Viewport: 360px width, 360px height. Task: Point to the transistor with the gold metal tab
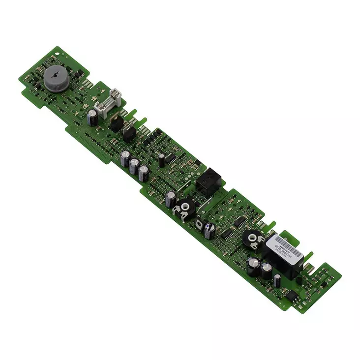117,121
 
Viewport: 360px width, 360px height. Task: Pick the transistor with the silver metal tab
129,133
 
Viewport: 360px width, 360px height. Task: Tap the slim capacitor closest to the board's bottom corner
278,281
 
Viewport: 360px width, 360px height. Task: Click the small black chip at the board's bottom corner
291,296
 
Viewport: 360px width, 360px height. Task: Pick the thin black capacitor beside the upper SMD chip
161,159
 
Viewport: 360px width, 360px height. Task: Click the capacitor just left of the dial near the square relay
170,199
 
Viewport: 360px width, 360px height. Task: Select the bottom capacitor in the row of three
144,173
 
